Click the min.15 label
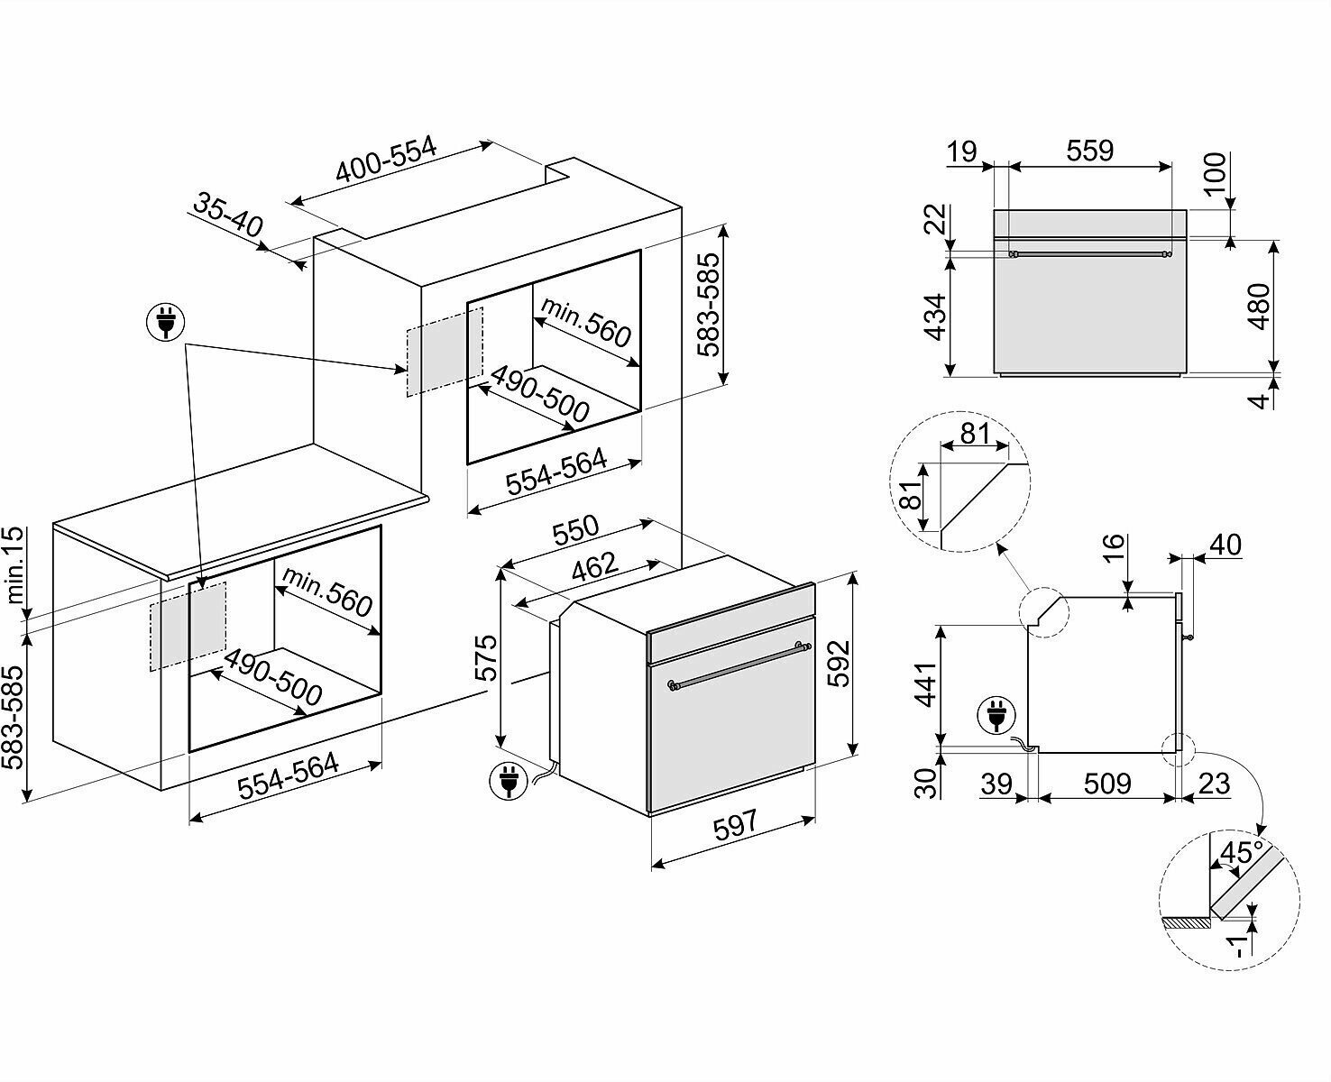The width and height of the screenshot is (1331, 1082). pos(15,565)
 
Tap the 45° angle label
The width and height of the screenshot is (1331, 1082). pos(1239,852)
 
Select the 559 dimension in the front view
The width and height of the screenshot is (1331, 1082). pos(1089,150)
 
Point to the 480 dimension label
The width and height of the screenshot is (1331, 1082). pos(1259,307)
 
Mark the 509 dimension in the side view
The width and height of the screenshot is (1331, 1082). pos(1106,784)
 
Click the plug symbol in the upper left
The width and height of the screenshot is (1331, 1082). pos(164,320)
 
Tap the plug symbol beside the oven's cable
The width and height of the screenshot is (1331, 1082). pos(507,780)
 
